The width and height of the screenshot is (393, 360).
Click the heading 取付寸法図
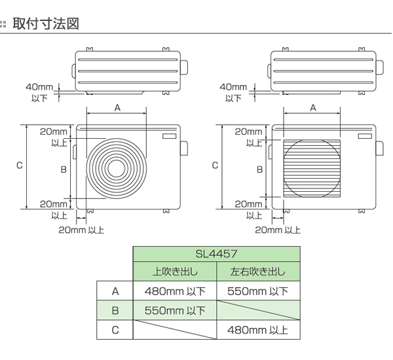(45, 24)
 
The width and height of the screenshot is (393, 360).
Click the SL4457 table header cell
(216, 252)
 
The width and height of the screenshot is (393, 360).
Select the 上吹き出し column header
(175, 271)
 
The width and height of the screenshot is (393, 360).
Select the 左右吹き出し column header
(257, 271)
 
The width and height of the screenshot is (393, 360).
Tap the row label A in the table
(115, 291)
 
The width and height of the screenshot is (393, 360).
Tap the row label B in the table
(115, 310)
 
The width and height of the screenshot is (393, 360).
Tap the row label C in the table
(115, 330)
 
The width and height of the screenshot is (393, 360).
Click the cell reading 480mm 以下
(175, 291)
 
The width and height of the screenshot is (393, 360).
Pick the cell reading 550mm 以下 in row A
(257, 291)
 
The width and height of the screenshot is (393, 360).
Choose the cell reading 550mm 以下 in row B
(175, 310)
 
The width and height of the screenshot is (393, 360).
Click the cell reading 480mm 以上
(257, 330)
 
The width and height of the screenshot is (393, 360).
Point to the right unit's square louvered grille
(312, 169)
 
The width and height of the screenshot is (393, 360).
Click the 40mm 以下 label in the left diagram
(40, 92)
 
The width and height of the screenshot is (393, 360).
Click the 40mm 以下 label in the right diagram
(233, 92)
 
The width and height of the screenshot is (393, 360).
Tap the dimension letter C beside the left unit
(20, 166)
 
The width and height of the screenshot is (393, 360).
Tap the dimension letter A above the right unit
(312, 107)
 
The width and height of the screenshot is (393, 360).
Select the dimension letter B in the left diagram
(64, 170)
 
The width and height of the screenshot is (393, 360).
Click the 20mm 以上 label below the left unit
(81, 230)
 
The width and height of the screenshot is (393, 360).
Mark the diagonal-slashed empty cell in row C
(175, 330)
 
